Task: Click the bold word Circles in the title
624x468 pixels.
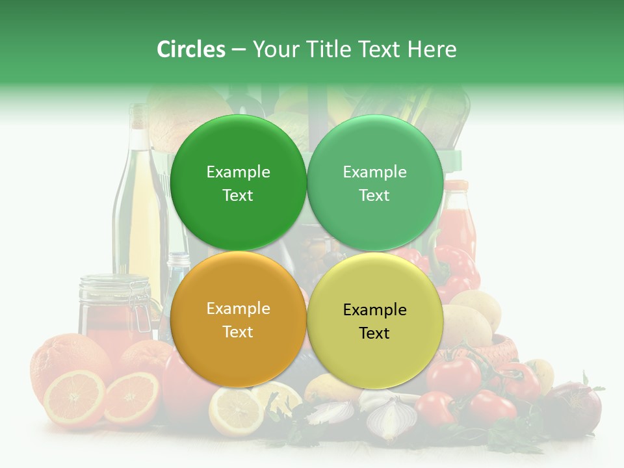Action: click(190, 49)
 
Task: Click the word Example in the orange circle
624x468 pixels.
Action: click(238, 309)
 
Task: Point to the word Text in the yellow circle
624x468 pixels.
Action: click(374, 333)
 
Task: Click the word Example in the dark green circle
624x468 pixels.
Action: click(238, 172)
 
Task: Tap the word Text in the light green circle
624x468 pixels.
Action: click(374, 196)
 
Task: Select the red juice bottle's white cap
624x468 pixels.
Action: click(456, 185)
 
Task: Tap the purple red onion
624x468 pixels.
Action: click(575, 406)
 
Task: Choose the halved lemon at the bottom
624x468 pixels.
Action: click(235, 409)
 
